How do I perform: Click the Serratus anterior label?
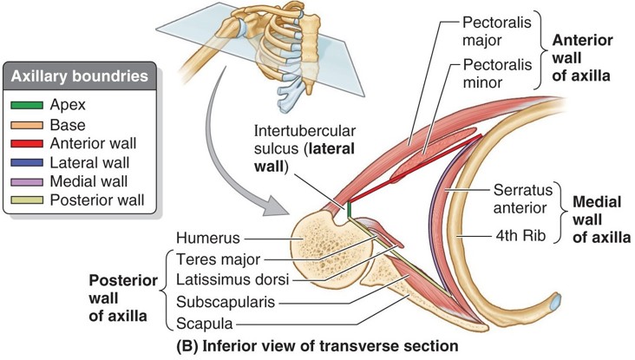523,198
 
